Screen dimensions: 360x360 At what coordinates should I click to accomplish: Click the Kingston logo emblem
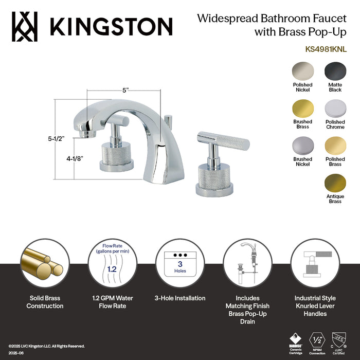(x=25, y=26)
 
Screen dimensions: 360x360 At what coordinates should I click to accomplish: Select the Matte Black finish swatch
(x=335, y=71)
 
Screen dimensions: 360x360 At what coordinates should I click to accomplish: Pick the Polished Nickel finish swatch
(x=302, y=71)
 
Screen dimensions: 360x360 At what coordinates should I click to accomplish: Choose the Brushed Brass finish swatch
(x=302, y=109)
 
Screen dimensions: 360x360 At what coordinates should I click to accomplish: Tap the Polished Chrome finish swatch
(x=335, y=109)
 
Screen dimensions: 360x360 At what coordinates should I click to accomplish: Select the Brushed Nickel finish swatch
(x=302, y=146)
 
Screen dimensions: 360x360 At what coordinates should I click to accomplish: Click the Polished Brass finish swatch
(x=335, y=146)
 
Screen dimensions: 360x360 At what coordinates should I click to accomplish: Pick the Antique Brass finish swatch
(x=335, y=184)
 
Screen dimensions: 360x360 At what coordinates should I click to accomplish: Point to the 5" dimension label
(x=125, y=90)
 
